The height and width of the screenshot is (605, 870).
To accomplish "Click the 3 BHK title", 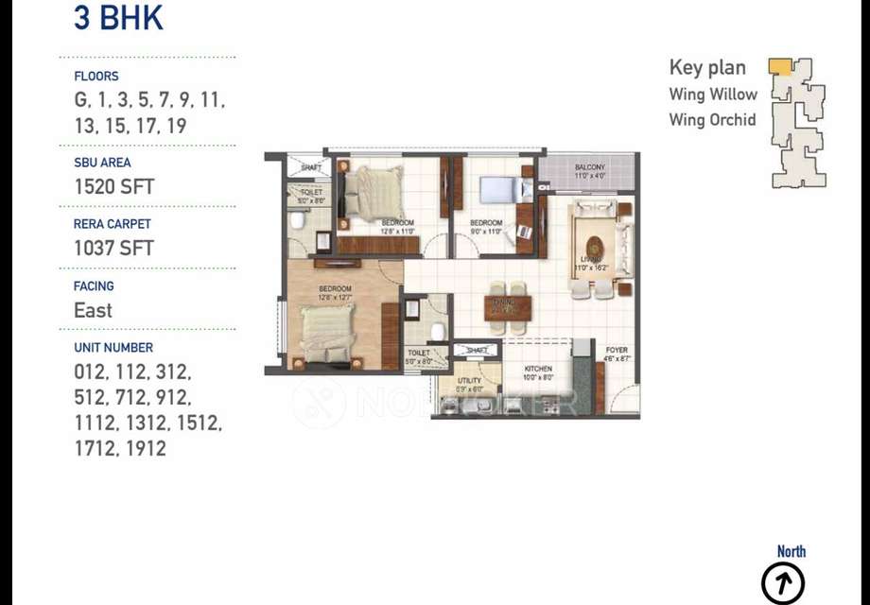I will click(118, 19).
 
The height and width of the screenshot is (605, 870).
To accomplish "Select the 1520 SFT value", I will click(113, 186).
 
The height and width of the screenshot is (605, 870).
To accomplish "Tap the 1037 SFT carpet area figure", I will click(113, 248).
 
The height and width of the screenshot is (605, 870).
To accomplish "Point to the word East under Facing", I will click(93, 310).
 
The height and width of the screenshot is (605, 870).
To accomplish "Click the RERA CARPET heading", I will click(112, 224).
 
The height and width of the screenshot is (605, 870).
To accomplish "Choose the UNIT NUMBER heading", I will click(113, 347).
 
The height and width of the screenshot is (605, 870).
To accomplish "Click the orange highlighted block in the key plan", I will click(779, 66).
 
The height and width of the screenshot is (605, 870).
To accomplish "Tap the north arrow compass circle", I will click(783, 581).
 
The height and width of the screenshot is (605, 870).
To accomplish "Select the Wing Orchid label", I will click(712, 120).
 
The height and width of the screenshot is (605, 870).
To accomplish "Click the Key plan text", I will click(707, 67).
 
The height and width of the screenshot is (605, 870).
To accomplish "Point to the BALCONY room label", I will click(589, 167).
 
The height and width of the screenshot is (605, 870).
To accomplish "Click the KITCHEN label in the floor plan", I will click(539, 370).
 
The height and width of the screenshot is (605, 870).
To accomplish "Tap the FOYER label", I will click(617, 351).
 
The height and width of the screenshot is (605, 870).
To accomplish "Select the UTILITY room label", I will click(469, 380).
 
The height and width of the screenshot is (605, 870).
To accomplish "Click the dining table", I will click(508, 303).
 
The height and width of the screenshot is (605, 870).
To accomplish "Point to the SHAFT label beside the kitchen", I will click(478, 351).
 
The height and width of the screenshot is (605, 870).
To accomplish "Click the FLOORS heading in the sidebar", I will click(96, 76).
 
